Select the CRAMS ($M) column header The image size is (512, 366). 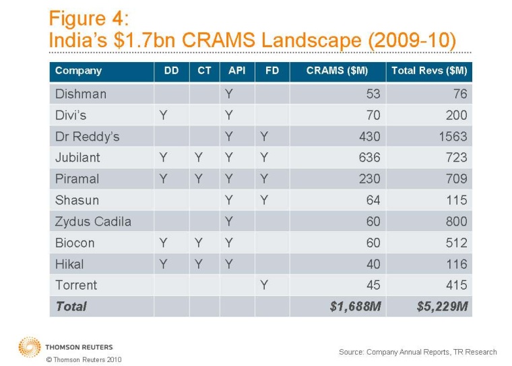click(343, 71)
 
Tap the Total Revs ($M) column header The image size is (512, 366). click(429, 71)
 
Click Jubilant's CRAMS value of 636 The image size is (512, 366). click(370, 158)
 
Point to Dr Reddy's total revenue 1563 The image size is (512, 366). click(452, 136)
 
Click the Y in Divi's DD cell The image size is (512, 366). click(162, 115)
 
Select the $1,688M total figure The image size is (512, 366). click(354, 306)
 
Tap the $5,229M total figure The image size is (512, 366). click(442, 306)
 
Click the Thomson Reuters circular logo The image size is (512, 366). click(29, 346)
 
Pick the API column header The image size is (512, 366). click(235, 71)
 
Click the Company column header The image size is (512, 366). click(78, 71)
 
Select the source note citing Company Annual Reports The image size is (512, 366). click(417, 351)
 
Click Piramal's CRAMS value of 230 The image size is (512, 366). click(370, 179)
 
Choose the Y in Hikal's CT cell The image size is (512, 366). click(198, 264)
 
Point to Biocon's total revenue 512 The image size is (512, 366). click(456, 242)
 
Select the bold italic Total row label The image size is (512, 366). click(71, 306)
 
